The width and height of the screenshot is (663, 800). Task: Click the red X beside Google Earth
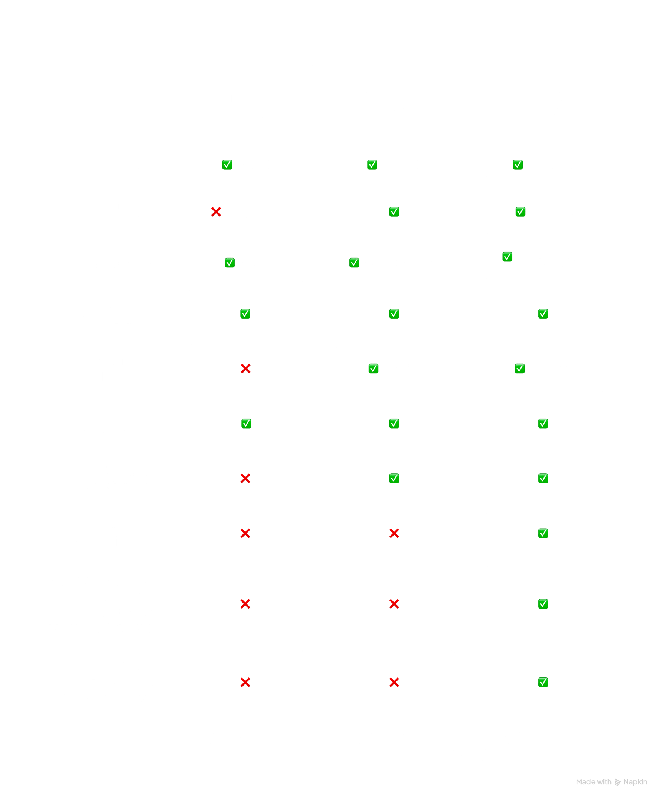pos(216,212)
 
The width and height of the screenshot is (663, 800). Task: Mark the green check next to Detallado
pos(372,165)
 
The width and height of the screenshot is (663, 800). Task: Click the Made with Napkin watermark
pos(612,782)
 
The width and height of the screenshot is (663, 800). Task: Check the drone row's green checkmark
pos(543,682)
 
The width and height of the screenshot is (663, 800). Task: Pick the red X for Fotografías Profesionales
pos(245,479)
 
